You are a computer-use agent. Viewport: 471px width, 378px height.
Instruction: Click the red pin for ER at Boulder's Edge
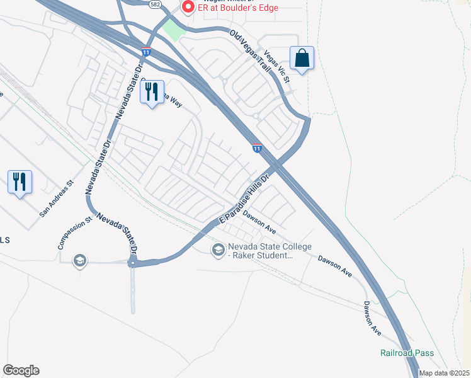187,7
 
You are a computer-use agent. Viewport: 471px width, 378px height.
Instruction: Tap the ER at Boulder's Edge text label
238,8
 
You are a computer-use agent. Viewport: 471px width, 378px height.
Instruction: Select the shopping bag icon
302,58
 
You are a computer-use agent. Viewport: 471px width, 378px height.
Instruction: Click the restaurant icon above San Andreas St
20,182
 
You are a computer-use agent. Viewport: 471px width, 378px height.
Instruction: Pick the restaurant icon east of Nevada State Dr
152,92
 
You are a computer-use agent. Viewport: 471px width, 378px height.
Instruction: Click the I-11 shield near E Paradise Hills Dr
257,147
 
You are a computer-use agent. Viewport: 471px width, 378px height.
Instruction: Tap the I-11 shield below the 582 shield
146,52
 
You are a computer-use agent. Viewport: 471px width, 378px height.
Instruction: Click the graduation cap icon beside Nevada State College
218,250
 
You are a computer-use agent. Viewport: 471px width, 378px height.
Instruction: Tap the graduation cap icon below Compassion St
79,260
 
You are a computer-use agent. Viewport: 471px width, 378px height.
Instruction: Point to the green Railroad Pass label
407,353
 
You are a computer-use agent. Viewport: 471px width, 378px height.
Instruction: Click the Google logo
21,370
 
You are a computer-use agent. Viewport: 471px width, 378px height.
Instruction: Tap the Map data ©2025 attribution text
444,373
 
